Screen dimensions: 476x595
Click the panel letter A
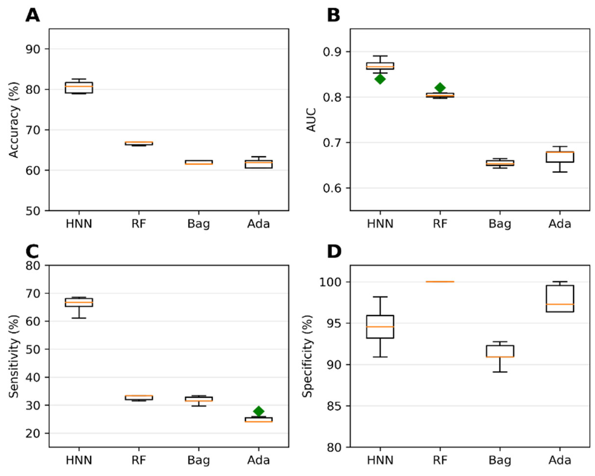[x=33, y=15]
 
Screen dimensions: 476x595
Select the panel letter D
[x=334, y=252]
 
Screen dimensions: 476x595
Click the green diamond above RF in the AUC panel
[x=440, y=88]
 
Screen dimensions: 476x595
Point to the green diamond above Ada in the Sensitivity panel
[x=258, y=411]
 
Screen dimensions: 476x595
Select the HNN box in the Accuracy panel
[x=79, y=88]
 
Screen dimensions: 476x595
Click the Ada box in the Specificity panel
[x=560, y=299]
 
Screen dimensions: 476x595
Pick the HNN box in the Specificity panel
[x=380, y=327]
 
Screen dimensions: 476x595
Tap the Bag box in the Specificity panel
[x=500, y=351]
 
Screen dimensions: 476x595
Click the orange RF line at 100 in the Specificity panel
[x=440, y=282]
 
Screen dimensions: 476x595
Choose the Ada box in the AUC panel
[x=560, y=157]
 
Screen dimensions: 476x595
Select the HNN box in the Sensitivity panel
[x=79, y=302]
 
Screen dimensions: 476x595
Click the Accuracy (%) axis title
[x=14, y=120]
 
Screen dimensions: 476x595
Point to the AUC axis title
[x=311, y=120]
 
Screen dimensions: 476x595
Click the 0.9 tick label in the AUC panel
[x=332, y=52]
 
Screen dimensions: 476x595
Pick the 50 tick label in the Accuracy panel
[x=33, y=211]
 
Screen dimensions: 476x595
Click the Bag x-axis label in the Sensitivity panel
[x=198, y=460]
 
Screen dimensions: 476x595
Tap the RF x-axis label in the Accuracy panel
[x=139, y=224]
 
